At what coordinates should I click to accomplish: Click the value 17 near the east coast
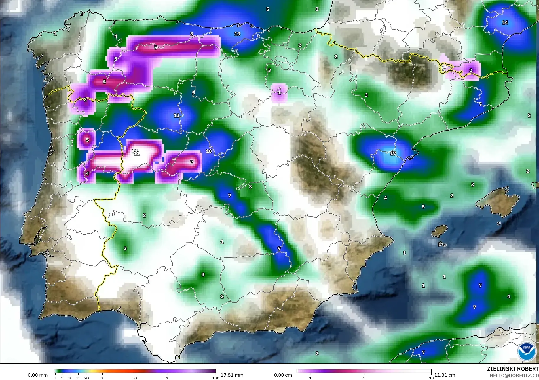pyautogui.click(x=393, y=154)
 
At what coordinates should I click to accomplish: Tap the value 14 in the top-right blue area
pyautogui.click(x=505, y=22)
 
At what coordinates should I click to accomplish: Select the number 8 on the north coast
pyautogui.click(x=192, y=34)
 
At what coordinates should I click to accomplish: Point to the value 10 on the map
pyautogui.click(x=209, y=151)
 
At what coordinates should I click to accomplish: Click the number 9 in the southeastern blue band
pyautogui.click(x=279, y=249)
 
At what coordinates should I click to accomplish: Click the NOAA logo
pyautogui.click(x=527, y=351)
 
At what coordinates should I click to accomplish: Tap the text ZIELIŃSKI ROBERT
pyautogui.click(x=513, y=369)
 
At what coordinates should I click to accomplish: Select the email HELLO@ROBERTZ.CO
pyautogui.click(x=514, y=376)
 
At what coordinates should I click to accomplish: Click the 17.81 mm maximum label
pyautogui.click(x=232, y=375)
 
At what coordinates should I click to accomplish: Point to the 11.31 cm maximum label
pyautogui.click(x=445, y=375)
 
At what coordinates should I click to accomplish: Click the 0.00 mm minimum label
pyautogui.click(x=37, y=375)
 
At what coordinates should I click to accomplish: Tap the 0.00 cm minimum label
pyautogui.click(x=283, y=375)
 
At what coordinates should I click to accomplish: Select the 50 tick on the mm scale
pyautogui.click(x=135, y=378)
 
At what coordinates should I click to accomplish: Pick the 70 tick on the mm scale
pyautogui.click(x=167, y=378)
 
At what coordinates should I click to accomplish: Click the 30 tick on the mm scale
pyautogui.click(x=102, y=378)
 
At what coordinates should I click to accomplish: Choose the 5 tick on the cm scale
pyautogui.click(x=364, y=378)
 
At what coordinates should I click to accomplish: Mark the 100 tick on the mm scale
pyautogui.click(x=215, y=378)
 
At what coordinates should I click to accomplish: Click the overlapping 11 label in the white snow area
pyautogui.click(x=136, y=152)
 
